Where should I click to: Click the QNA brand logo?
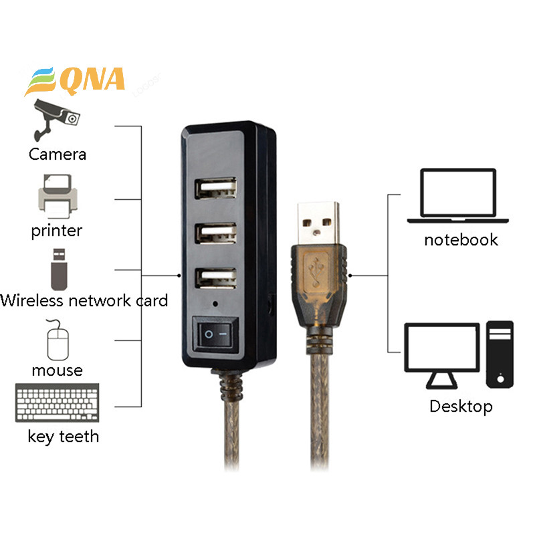pos(74,81)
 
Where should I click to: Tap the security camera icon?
pos(56,120)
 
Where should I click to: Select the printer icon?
pos(58,196)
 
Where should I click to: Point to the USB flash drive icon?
pos(59,270)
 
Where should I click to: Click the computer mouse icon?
pos(58,340)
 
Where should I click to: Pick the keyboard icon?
pos(58,403)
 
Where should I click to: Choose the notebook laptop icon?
pos(458,195)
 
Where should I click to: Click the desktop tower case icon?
pos(500,354)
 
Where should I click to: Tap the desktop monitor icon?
pos(442,356)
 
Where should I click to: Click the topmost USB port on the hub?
pos(215,188)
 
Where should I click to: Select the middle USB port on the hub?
pos(215,233)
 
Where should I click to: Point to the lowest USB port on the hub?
pos(215,278)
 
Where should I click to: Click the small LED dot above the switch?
pos(215,304)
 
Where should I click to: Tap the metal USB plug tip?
pos(318,223)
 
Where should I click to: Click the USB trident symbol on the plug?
pos(316,272)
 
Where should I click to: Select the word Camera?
pos(58,154)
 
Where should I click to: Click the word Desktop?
pos(461,407)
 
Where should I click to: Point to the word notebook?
pos(461,239)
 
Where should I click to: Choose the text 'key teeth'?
pos(64,437)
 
